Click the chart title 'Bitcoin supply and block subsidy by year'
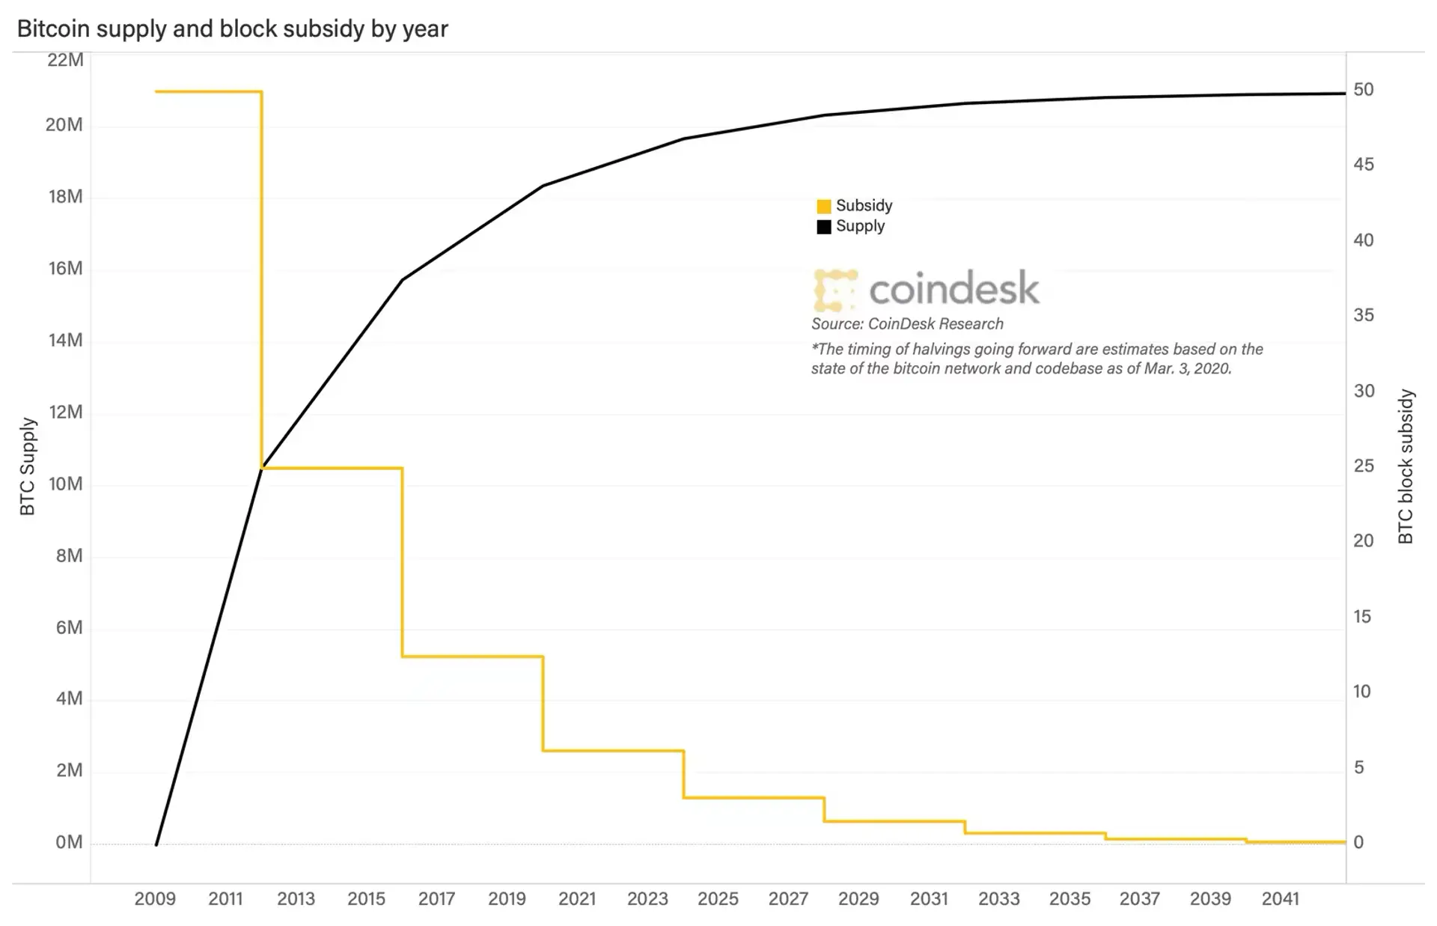point(232,28)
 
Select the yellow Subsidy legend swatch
point(823,206)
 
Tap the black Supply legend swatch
point(823,227)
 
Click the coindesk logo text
point(954,289)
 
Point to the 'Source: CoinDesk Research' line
point(907,324)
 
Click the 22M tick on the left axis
point(65,60)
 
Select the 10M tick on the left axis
point(65,484)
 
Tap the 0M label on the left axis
point(69,843)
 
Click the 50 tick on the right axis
point(1364,90)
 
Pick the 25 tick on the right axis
point(1364,466)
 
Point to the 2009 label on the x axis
point(155,898)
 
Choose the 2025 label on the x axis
point(718,898)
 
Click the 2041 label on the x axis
point(1280,898)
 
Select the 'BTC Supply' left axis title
point(28,466)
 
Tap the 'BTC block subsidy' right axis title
point(1406,466)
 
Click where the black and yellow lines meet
point(262,468)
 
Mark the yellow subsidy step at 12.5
point(472,657)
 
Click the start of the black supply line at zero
point(156,844)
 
